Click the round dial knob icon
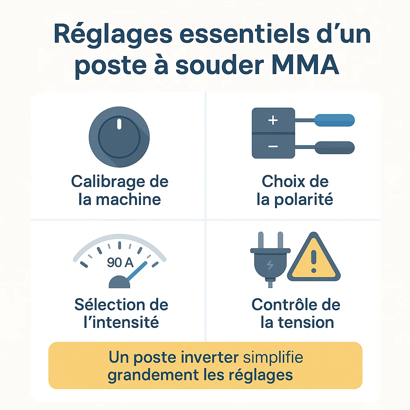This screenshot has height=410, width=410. coord(119,137)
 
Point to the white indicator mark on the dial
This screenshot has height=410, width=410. coord(119,124)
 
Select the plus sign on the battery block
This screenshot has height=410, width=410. coord(273,121)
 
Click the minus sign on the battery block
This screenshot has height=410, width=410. coord(273,147)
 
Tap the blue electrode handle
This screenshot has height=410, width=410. coord(335,119)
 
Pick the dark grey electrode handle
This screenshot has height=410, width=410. coord(335,147)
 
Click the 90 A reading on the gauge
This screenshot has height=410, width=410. coord(120,262)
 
